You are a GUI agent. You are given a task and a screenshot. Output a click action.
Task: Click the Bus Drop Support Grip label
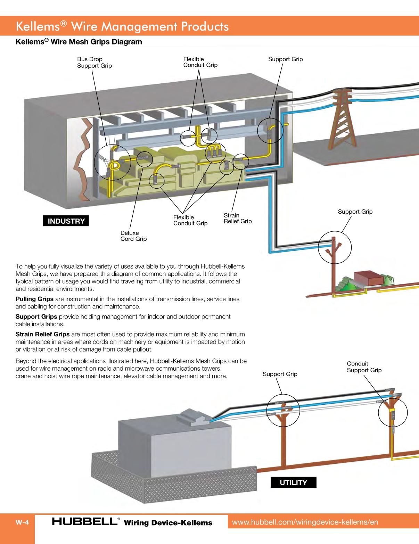[94, 63]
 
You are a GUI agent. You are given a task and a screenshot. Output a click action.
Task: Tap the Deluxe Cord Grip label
[133, 236]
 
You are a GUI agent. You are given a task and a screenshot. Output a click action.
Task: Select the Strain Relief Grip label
[238, 218]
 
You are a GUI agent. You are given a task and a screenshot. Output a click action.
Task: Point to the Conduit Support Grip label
[364, 367]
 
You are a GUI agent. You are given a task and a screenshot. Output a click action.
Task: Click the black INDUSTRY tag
[66, 221]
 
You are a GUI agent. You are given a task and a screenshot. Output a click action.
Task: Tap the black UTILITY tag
[293, 483]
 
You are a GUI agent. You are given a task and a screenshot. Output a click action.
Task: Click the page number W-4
[22, 522]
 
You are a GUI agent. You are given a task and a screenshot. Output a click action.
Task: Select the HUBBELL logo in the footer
[85, 521]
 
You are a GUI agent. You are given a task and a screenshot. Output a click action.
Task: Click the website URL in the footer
[305, 522]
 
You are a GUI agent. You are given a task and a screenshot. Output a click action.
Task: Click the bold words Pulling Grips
[34, 299]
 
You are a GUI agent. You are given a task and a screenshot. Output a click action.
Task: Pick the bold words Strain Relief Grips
[42, 334]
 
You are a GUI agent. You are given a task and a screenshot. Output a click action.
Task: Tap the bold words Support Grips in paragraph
[36, 316]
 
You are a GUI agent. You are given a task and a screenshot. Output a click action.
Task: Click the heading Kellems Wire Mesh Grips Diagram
[79, 42]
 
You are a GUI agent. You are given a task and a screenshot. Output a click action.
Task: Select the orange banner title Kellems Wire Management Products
[122, 26]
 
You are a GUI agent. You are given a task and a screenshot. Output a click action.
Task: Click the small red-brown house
[368, 278]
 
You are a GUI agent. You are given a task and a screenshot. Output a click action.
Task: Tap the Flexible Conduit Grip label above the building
[200, 62]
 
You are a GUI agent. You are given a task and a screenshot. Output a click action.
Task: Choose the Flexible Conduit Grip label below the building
[190, 220]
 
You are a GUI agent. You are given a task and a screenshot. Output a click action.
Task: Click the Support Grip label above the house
[355, 212]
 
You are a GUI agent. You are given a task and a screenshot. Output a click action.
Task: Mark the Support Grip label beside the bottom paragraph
[280, 374]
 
